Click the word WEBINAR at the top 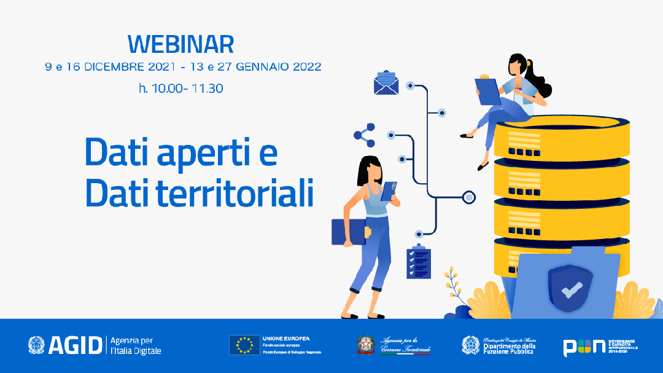point(181,45)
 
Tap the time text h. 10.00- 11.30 point(181,88)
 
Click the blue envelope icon point(386,83)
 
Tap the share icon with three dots point(364,135)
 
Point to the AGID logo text point(74,345)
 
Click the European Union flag point(244,345)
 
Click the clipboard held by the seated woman point(489,91)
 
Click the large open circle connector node point(469,197)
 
